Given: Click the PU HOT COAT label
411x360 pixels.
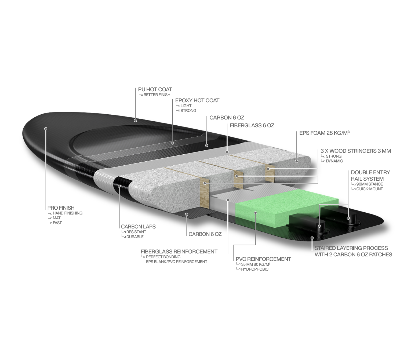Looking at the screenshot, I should [x=155, y=89].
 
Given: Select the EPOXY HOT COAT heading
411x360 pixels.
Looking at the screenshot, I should [x=197, y=101].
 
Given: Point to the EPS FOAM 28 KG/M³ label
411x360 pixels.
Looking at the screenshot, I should [x=324, y=133].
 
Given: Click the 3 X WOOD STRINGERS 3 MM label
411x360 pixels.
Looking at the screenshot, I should [x=355, y=151].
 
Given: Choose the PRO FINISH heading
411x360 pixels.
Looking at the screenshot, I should [x=61, y=208].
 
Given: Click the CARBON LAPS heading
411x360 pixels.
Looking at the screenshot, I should [x=138, y=227].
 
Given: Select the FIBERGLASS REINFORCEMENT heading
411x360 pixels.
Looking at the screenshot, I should [x=179, y=252].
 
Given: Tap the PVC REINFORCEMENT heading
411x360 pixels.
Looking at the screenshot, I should [x=263, y=259].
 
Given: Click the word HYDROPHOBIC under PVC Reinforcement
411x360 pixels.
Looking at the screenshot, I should [x=254, y=269].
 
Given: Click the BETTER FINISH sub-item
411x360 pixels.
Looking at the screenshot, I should [x=157, y=95].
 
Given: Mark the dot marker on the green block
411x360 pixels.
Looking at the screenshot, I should [x=255, y=213].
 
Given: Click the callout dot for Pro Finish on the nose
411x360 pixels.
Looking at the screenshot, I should [x=46, y=129].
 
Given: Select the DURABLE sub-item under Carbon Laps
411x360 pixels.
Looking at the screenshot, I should [x=135, y=237].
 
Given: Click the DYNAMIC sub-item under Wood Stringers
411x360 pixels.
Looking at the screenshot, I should [x=334, y=161].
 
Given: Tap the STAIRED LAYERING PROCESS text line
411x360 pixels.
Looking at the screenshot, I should [x=351, y=248].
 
